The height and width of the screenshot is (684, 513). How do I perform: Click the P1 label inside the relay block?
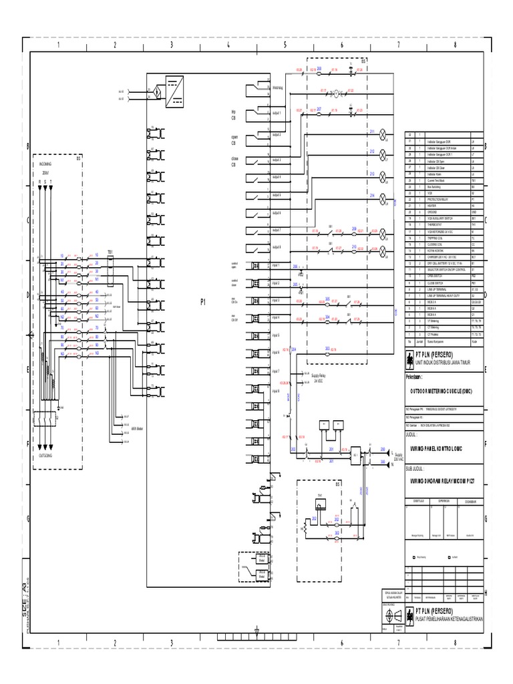[x=202, y=303]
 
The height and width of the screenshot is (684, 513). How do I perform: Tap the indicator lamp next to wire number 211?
[x=383, y=133]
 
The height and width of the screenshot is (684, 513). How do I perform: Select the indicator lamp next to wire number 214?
[x=383, y=198]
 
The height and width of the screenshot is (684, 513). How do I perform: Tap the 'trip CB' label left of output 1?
[x=234, y=115]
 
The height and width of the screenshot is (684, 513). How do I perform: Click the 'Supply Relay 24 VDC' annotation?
[x=322, y=378]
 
